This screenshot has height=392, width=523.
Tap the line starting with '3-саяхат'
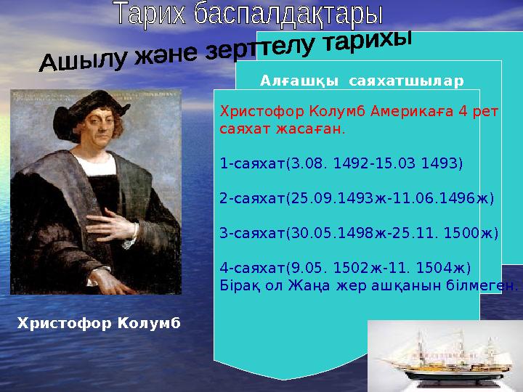click(x=359, y=233)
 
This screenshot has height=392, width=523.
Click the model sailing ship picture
click(x=445, y=356)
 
